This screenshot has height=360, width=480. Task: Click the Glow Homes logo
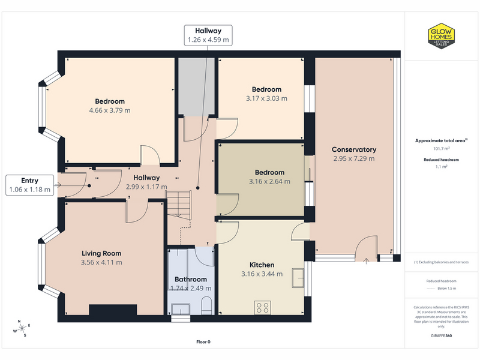coord(441,36)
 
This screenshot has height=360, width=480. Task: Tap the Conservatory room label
coord(354,149)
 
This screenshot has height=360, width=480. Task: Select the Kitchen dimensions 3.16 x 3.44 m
coord(262,274)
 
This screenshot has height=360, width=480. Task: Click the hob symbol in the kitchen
coord(263,308)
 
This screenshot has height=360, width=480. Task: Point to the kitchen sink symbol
coord(298,278)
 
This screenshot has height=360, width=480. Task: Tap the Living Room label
coord(101,253)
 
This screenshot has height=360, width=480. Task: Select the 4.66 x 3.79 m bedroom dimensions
coord(110,110)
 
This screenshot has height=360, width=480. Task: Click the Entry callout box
coord(29,185)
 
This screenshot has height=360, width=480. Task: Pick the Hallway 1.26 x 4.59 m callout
coord(208,35)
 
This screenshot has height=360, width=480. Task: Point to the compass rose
coord(22,329)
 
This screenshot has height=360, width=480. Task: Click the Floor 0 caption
coord(203,342)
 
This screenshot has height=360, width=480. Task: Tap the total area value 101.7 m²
coord(441,148)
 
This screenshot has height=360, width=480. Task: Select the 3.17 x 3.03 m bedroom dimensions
coord(266,98)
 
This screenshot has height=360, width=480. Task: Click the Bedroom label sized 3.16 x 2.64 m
coord(269,172)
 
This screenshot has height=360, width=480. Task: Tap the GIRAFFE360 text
coord(441,335)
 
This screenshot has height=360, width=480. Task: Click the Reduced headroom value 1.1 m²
coord(441,167)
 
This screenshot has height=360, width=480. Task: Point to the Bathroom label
coord(191,279)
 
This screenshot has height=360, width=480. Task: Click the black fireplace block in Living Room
coord(113,310)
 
